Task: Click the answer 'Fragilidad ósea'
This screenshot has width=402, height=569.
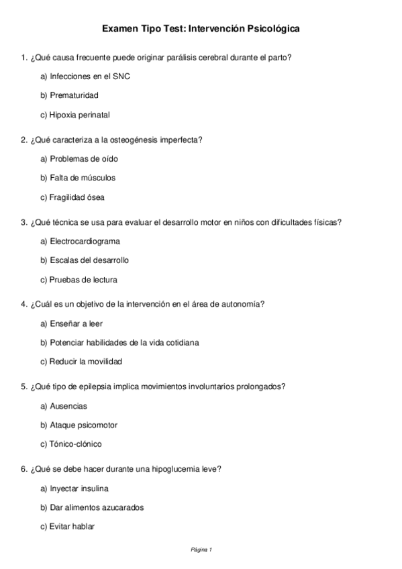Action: [77, 197]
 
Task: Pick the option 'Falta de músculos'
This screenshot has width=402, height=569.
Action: [83, 178]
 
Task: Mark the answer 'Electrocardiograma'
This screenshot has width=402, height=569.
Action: [85, 241]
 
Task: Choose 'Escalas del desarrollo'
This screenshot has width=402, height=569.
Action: [89, 260]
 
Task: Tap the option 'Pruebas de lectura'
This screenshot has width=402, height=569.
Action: [83, 279]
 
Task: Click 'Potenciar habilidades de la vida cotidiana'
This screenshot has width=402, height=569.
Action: [124, 342]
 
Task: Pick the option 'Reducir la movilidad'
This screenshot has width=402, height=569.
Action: [86, 362]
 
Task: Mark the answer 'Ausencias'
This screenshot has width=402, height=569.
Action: [68, 406]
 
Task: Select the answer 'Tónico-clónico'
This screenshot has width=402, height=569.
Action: [76, 444]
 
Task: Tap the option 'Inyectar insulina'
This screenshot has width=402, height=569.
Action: [79, 488]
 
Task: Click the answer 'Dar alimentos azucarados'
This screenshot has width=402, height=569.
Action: [97, 507]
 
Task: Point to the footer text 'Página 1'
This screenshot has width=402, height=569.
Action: [201, 550]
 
